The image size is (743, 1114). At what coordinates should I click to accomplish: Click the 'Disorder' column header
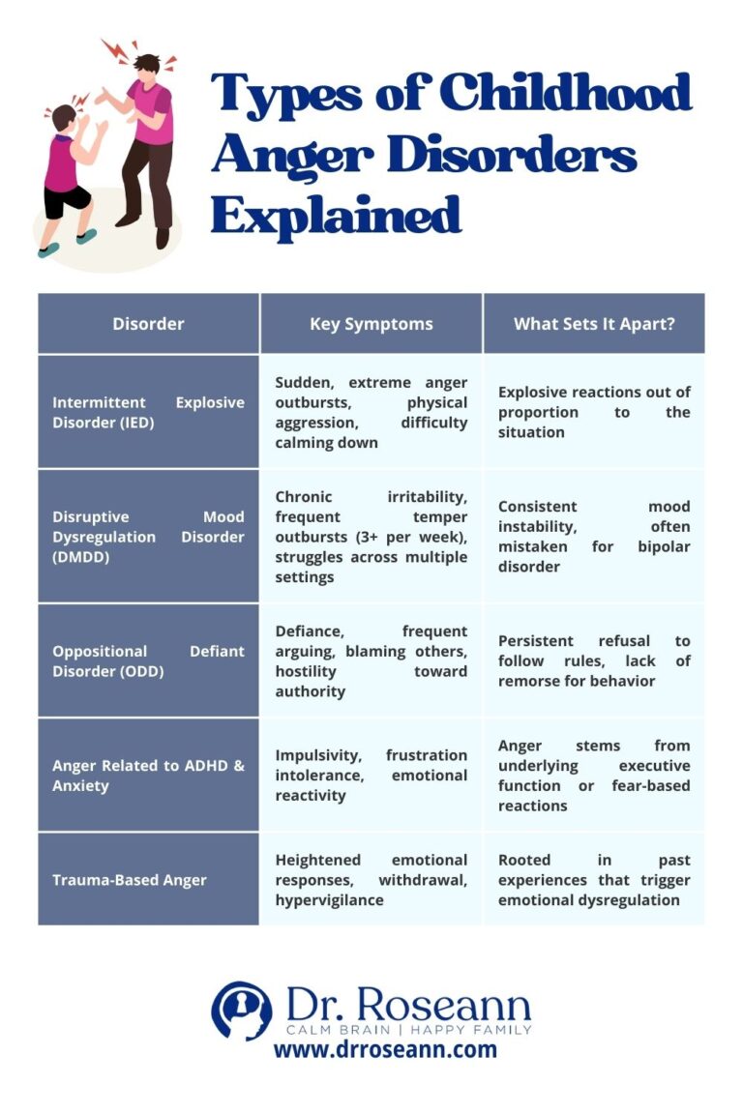coord(148,324)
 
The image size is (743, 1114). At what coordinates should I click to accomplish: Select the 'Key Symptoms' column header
coord(371,324)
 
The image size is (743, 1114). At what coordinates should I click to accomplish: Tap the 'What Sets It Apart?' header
coord(594,324)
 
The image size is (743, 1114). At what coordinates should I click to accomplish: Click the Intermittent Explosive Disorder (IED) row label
coord(148,412)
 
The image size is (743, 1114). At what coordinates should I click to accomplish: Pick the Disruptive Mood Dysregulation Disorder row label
coord(148,537)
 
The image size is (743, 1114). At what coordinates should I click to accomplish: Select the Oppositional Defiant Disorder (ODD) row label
coord(148,661)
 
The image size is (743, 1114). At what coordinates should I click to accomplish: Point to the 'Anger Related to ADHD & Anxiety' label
coord(148,776)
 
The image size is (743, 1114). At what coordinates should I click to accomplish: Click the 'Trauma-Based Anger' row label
coord(129,880)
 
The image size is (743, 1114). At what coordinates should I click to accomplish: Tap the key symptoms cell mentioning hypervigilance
coord(371,880)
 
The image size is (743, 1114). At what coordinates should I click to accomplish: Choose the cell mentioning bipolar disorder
coord(594,537)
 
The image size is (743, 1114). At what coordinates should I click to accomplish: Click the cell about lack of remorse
coord(594,661)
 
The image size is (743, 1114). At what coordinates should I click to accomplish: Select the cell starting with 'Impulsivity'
coord(371,776)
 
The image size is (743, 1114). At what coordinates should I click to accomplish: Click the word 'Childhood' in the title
coord(566,94)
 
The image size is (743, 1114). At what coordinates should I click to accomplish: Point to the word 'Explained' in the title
coord(337,215)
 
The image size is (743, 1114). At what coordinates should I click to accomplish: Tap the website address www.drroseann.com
coord(385,1049)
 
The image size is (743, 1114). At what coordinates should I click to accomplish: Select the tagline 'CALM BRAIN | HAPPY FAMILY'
coord(407,1028)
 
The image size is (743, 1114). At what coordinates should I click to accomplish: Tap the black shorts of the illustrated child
coord(68,201)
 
